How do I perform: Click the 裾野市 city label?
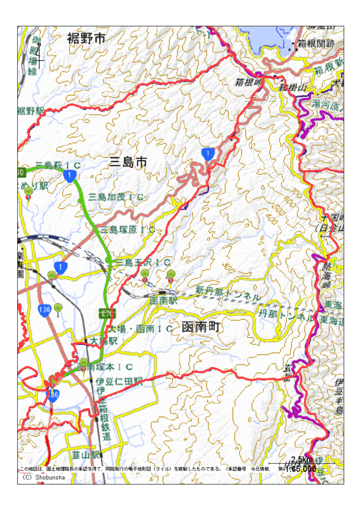[87, 38]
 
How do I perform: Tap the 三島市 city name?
[128, 163]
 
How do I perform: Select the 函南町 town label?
[201, 327]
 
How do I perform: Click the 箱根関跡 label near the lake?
[316, 44]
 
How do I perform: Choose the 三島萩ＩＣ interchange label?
[58, 165]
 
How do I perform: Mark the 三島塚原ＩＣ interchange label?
[128, 229]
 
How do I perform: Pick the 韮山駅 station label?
[87, 455]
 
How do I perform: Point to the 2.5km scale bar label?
[302, 459]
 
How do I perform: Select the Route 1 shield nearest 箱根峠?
[208, 153]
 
